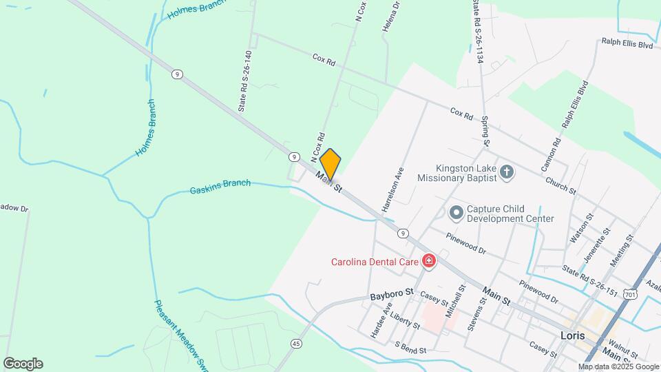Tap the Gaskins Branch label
point(220,186)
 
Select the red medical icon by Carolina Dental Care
point(429,260)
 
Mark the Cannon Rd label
point(550,154)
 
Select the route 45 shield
point(296,343)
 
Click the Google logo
point(23,363)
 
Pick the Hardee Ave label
point(380,320)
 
